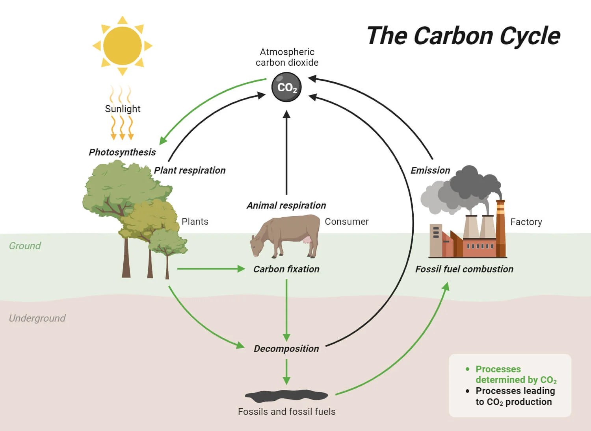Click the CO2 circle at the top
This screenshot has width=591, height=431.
pos(286,87)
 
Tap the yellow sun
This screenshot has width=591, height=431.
pos(122,46)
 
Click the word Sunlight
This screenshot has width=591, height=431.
pos(123,109)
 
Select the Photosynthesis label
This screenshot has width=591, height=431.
pos(122,152)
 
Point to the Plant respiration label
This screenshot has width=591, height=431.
pos(190,170)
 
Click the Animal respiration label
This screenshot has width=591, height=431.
pos(286,205)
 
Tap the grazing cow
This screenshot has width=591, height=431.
pos(286,236)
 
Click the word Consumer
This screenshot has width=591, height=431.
pos(347,222)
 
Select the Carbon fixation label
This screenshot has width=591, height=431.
pos(286,269)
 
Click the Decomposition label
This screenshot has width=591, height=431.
pos(286,349)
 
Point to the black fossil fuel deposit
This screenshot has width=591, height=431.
pos(286,396)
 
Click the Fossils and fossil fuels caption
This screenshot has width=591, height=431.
pos(286,412)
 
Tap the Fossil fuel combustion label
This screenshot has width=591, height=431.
pos(464,269)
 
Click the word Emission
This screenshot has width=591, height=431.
pos(430,170)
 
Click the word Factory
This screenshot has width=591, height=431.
pos(526,222)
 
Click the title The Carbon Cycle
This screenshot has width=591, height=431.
pos(463,36)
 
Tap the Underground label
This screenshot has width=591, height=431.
pos(37,318)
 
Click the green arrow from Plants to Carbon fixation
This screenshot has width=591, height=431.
pos(211,269)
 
